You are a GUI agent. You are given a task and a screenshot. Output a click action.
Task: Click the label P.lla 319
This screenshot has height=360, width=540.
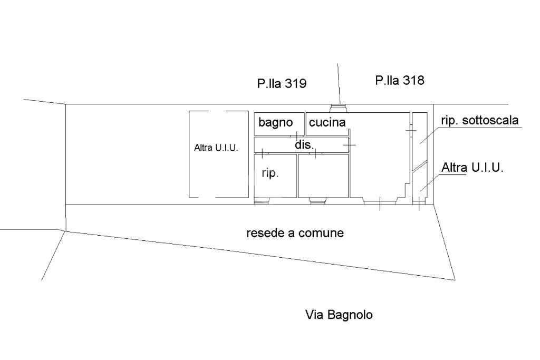pos(282,83)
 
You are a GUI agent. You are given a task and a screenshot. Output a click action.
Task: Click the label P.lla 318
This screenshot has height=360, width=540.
pos(400,80)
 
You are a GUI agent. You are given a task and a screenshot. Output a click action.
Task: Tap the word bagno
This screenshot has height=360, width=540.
pos(275,123)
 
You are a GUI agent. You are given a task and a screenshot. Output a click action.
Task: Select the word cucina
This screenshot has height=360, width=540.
pos(327,123)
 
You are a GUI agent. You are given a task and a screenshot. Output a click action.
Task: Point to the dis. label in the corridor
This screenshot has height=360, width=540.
pos(304,144)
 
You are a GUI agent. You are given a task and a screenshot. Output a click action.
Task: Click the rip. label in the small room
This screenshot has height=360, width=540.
pos(270,173)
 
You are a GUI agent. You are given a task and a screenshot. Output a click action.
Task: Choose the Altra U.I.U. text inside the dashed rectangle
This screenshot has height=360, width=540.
pos(216,148)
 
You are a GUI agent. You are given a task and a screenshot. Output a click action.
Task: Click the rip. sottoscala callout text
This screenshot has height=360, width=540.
pos(479,120)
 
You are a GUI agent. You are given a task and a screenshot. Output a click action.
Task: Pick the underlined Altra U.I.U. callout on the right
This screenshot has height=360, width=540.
pos(473,168)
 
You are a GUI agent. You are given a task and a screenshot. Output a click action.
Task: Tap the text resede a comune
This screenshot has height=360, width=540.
pos(295,233)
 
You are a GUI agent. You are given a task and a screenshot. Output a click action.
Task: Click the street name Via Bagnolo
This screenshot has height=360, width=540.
pos(339,315)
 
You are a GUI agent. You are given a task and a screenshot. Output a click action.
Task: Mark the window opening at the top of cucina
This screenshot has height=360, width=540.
pos(336,109)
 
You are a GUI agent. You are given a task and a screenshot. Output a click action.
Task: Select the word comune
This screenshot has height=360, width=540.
pos(322,233)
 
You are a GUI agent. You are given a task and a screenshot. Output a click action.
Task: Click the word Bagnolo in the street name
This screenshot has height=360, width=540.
pos(350,315)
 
